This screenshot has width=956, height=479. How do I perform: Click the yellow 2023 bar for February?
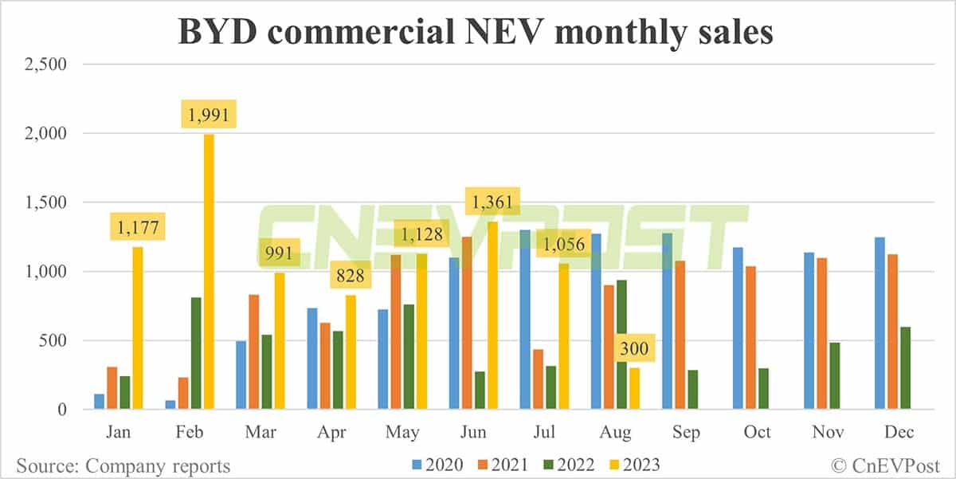pos(209,272)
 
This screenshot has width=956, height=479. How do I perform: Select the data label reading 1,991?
pos(209,116)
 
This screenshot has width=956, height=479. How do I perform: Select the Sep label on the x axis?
pos(686,432)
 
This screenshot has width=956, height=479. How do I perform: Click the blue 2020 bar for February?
pos(170,405)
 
